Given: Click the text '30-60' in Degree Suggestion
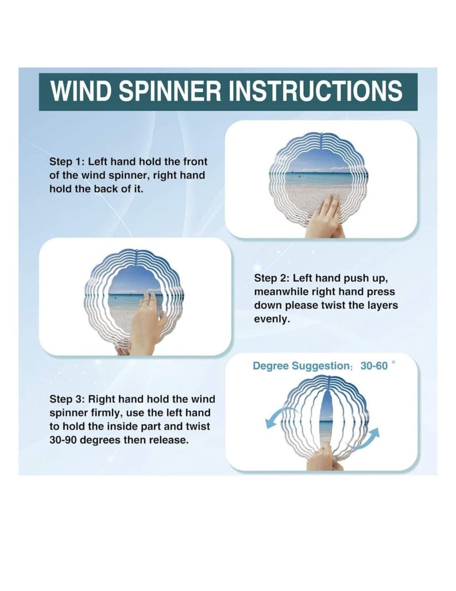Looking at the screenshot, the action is click(374, 366).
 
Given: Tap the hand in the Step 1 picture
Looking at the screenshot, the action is click(326, 217).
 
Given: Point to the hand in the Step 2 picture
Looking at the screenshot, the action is click(147, 324).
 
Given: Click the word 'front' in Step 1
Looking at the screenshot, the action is click(195, 162).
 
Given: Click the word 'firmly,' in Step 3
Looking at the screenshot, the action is click(107, 413).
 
